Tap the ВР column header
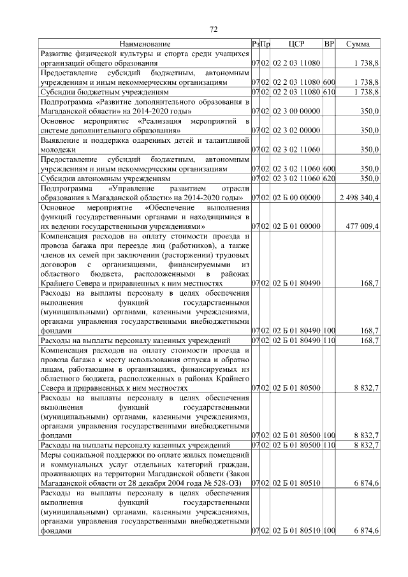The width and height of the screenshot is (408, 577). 329,45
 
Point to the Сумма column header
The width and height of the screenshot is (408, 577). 360,45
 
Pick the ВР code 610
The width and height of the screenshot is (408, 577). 329,92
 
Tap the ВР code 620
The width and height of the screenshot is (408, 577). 329,179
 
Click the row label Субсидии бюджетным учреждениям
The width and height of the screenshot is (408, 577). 99,92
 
